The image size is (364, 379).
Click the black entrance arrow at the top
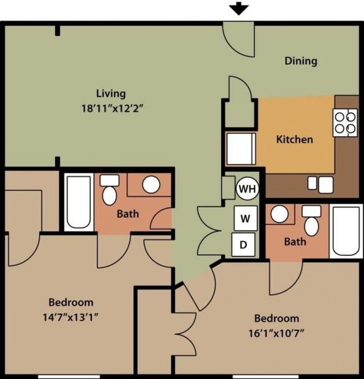(x=239, y=9)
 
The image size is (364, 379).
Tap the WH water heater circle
(x=248, y=189)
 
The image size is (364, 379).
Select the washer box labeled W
(x=245, y=218)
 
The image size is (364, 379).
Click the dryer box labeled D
(x=243, y=245)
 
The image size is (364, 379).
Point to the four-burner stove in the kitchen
(x=345, y=123)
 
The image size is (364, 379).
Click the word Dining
(x=301, y=60)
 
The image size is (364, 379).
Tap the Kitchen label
(x=295, y=139)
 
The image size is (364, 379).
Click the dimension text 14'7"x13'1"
(x=71, y=317)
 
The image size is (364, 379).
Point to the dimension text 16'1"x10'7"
(x=276, y=334)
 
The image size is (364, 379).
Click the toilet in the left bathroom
(x=110, y=190)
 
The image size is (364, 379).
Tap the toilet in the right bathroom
(x=311, y=221)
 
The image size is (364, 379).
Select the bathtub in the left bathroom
(x=78, y=202)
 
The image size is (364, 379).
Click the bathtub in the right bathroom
(x=346, y=231)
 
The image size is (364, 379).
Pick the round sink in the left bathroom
(x=151, y=185)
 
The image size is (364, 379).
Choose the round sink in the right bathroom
(x=279, y=214)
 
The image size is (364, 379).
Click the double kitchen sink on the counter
(x=320, y=185)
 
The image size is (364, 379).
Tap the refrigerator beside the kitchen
(x=241, y=149)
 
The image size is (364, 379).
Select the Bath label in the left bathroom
(x=128, y=214)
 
